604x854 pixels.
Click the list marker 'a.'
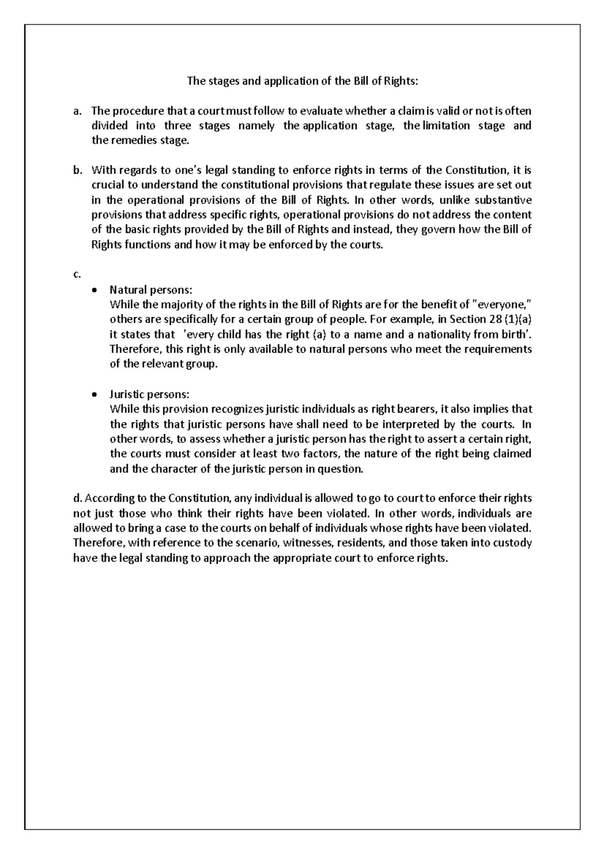click(77, 111)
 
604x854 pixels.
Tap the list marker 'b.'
click(77, 170)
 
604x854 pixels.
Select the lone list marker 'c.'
click(76, 274)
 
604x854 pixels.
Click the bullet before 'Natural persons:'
click(96, 291)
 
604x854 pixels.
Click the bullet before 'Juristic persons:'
click(96, 395)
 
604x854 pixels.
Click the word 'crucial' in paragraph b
click(106, 185)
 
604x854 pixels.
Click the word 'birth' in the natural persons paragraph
click(515, 334)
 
